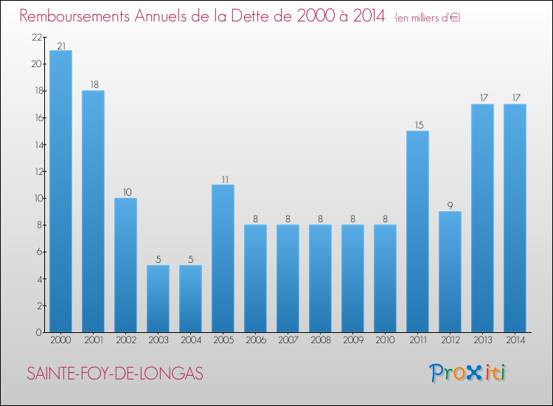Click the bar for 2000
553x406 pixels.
click(x=60, y=191)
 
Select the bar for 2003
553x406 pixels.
click(x=158, y=298)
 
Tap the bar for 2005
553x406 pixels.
click(x=223, y=258)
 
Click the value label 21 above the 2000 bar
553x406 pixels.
click(x=60, y=46)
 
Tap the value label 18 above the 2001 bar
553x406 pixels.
click(x=93, y=86)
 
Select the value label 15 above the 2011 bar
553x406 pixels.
click(x=417, y=125)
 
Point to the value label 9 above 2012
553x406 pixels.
click(x=450, y=206)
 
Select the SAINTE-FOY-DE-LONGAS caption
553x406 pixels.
click(x=115, y=374)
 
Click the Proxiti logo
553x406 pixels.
click(x=467, y=373)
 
